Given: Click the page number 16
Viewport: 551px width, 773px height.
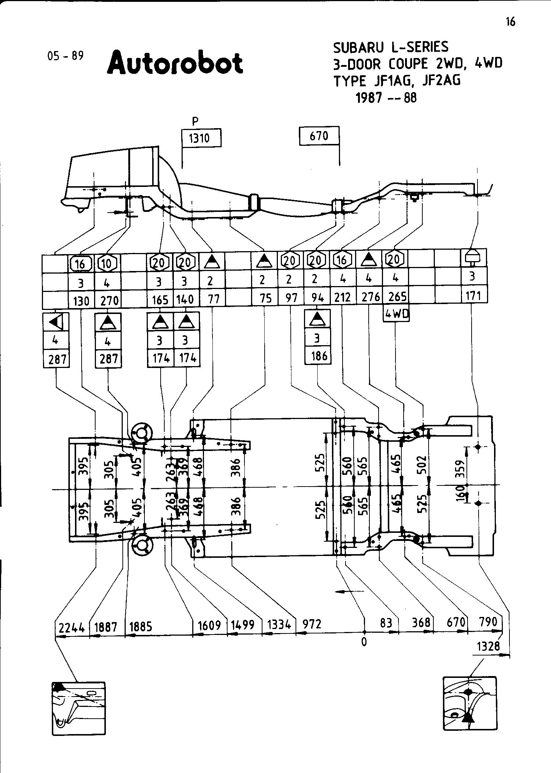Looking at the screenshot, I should pyautogui.click(x=511, y=22).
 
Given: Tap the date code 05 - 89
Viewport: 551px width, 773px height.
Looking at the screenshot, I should pyautogui.click(x=65, y=56).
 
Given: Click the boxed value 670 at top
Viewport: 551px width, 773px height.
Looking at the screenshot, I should pyautogui.click(x=319, y=136).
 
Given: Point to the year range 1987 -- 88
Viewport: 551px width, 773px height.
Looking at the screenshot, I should pyautogui.click(x=386, y=98).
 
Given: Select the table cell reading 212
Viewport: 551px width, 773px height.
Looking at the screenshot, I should pyautogui.click(x=343, y=297).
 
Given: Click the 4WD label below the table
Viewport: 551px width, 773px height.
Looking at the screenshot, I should pyautogui.click(x=397, y=314).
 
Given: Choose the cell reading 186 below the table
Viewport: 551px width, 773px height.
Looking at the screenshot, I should pyautogui.click(x=318, y=356).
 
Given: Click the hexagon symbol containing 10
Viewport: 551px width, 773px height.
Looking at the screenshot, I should pyautogui.click(x=107, y=264).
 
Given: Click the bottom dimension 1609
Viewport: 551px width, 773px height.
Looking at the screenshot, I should pyautogui.click(x=209, y=625).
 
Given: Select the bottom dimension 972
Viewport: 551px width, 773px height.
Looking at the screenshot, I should pyautogui.click(x=312, y=624).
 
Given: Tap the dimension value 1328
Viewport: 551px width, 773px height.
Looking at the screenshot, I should pyautogui.click(x=489, y=646).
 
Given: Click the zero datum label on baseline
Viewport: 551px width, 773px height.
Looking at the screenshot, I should pyautogui.click(x=364, y=642).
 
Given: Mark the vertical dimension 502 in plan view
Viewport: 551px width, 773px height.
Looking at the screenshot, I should pyautogui.click(x=422, y=465).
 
